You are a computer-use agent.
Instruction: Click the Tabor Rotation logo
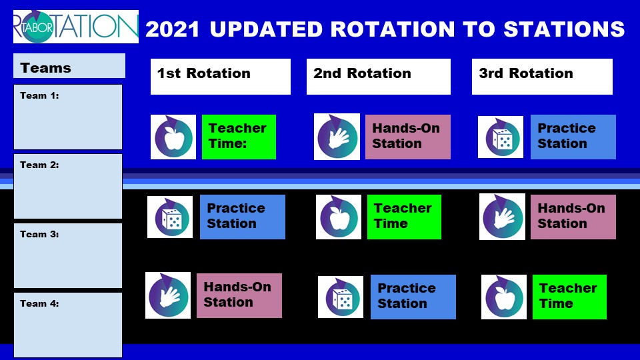[75, 27]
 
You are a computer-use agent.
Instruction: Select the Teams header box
[69, 67]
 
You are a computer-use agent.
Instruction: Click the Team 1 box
[68, 117]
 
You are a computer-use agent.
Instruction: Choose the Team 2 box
[68, 186]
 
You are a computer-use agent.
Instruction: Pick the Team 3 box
[68, 255]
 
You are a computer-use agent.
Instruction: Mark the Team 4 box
[68, 325]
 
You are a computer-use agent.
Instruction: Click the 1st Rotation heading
[220, 76]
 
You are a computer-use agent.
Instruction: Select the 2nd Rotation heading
[378, 76]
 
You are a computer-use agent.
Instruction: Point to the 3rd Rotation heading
[541, 76]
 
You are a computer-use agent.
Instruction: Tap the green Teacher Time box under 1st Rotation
[239, 137]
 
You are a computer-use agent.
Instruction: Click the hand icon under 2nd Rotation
[337, 137]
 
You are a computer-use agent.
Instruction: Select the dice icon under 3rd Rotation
[500, 137]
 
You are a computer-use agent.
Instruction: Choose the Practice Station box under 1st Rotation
[243, 217]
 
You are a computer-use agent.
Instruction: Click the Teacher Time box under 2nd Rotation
[404, 217]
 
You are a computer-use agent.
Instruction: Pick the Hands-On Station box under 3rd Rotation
[573, 217]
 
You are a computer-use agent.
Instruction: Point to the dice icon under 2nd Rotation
[341, 297]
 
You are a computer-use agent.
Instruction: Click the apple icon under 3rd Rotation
[504, 297]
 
